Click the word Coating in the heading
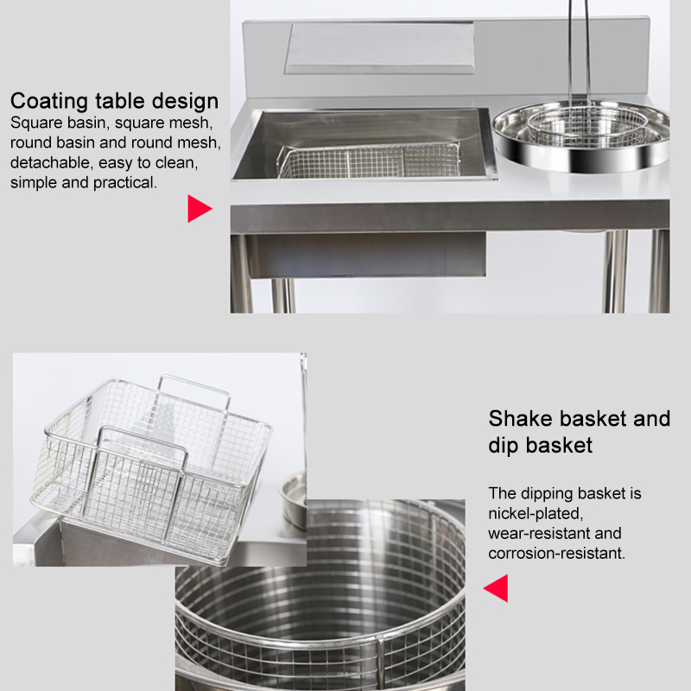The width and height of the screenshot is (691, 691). pyautogui.click(x=49, y=101)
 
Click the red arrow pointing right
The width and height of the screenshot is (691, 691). pyautogui.click(x=200, y=208)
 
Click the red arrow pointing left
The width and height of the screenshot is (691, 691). pyautogui.click(x=496, y=588)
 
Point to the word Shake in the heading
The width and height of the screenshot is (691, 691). pyautogui.click(x=520, y=419)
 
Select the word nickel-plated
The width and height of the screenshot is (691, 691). pyautogui.click(x=536, y=513)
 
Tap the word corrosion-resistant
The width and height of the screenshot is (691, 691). pyautogui.click(x=556, y=553)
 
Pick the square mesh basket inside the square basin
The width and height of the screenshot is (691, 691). pyautogui.click(x=370, y=161)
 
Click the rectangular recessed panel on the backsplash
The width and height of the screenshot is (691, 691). pyautogui.click(x=380, y=48)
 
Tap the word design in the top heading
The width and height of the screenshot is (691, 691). pyautogui.click(x=185, y=102)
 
